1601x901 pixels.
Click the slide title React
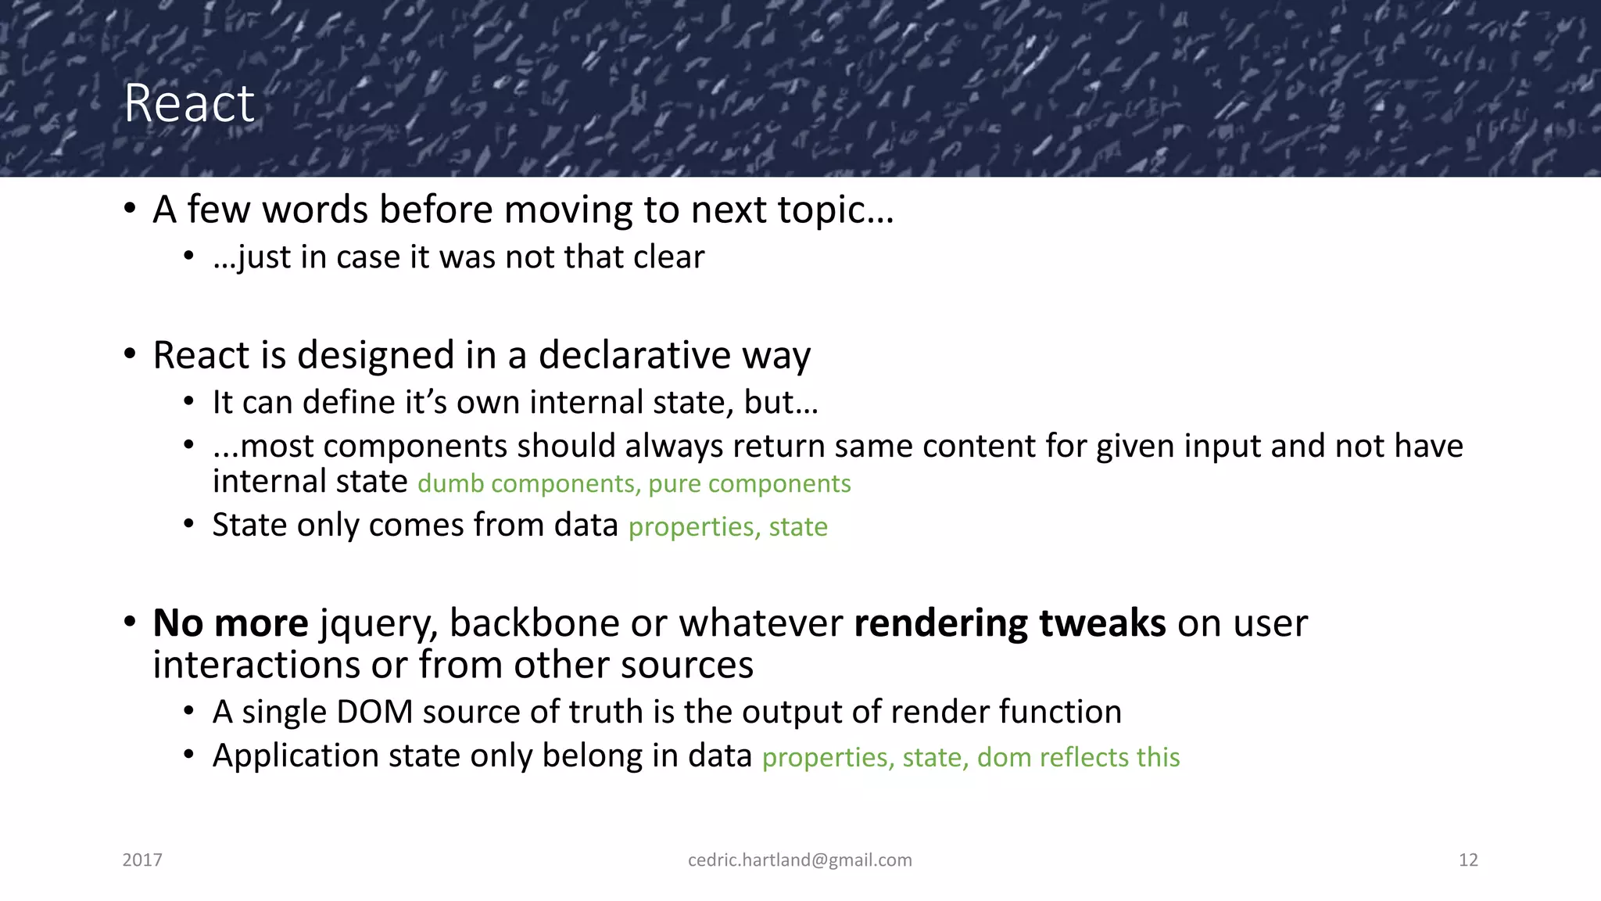[189, 103]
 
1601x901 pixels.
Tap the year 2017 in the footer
[142, 860]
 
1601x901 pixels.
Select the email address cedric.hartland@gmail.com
[800, 860]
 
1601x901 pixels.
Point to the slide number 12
[1468, 860]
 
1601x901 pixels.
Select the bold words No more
[231, 623]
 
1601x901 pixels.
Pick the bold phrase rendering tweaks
[1009, 623]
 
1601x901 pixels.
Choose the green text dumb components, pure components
[634, 484]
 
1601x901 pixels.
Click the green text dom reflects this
[1078, 757]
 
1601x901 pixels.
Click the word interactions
[256, 666]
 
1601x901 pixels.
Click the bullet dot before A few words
[131, 210]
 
